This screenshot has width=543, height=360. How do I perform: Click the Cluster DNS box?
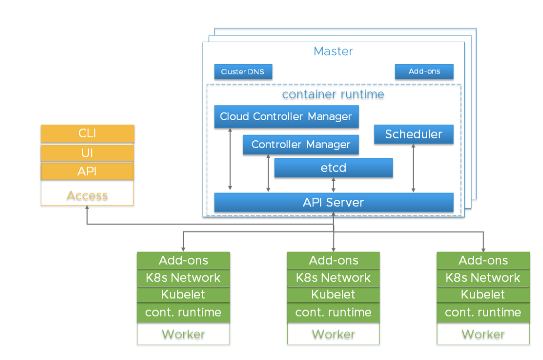pos(243,71)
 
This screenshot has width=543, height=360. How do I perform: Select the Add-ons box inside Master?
pos(424,71)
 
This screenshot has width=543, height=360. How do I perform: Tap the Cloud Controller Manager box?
pos(286,116)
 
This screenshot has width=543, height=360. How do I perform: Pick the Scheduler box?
pos(414,134)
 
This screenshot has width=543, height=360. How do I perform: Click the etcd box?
pos(334,168)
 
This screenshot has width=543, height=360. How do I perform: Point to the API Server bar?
pos(334,202)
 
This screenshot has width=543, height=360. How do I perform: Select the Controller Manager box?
pos(301,145)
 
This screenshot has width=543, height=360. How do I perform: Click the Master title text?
pos(333,51)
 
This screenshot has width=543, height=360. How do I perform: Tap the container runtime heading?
pos(333,94)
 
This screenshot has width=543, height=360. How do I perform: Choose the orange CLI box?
pos(87,133)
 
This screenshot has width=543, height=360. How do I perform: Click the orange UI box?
pos(87,153)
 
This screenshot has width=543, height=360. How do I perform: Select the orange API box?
pos(87,171)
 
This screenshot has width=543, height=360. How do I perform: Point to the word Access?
pos(87,195)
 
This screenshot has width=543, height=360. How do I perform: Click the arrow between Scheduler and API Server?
pos(414,169)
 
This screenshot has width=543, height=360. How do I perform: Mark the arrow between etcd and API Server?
pos(334,185)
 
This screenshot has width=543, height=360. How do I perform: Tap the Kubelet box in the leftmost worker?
pos(183,295)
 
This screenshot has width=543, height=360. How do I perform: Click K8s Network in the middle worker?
pos(333,278)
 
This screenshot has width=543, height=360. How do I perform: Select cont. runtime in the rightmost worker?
pos(483,313)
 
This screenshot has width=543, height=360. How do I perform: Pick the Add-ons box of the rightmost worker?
pos(483,260)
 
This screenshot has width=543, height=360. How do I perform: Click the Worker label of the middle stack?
pos(333,334)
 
